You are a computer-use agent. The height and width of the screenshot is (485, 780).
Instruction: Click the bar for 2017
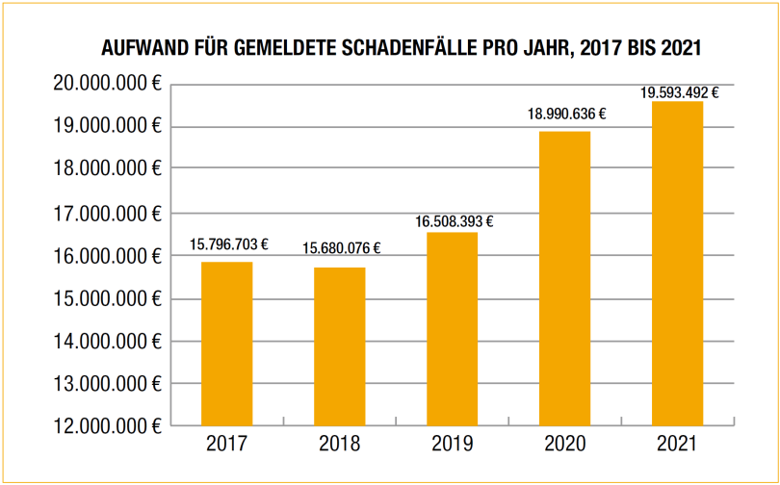tap(226, 344)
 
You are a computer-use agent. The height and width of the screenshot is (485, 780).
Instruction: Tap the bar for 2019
tap(452, 329)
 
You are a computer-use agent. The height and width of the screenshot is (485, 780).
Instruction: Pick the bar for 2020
tap(564, 278)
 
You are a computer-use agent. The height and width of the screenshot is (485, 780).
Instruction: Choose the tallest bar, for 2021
tap(677, 263)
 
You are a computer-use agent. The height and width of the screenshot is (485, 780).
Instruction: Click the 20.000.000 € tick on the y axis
tap(106, 84)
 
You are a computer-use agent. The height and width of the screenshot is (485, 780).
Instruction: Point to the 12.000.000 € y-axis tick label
tap(106, 425)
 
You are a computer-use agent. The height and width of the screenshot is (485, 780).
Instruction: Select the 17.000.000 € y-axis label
tap(106, 213)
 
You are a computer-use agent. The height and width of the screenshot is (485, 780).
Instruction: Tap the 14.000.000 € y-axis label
tap(106, 341)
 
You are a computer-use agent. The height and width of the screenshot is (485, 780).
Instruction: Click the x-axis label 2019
tap(452, 446)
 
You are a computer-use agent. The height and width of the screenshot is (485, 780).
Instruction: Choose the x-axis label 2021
tap(677, 446)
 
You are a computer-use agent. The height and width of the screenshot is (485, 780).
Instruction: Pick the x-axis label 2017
tap(226, 446)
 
